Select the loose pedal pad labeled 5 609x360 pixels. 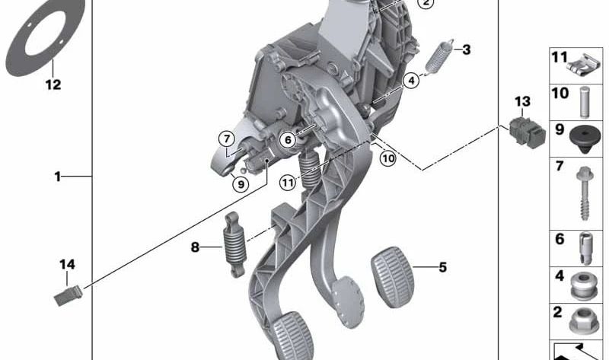coord(393,277)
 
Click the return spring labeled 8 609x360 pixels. coord(234,244)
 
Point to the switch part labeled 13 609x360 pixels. coord(527,131)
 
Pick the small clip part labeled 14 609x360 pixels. coord(68,296)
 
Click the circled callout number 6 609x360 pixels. coord(288,139)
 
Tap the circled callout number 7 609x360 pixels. coord(227,139)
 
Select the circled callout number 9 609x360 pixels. coord(241,183)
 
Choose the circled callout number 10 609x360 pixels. coord(387,158)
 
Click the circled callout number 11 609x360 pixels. coord(288,182)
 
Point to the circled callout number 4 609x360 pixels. coord(411,81)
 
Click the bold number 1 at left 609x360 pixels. coord(58,177)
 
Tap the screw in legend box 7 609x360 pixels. coord(584,193)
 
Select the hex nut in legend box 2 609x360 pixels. coord(583,320)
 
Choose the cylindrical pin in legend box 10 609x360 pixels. coord(585,102)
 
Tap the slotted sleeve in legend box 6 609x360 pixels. coord(585,249)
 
